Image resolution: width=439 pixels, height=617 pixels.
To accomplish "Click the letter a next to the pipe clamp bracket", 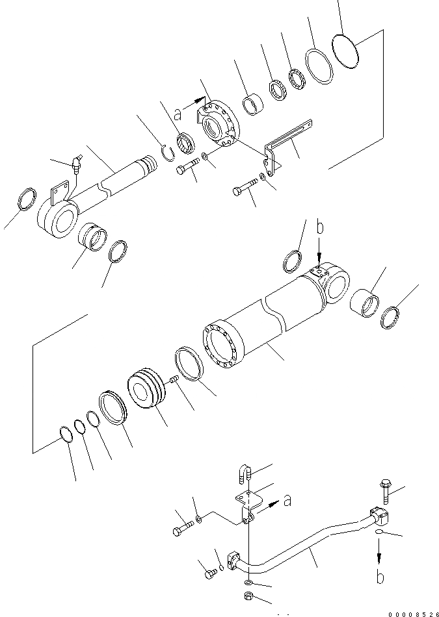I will coord(286,501).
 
